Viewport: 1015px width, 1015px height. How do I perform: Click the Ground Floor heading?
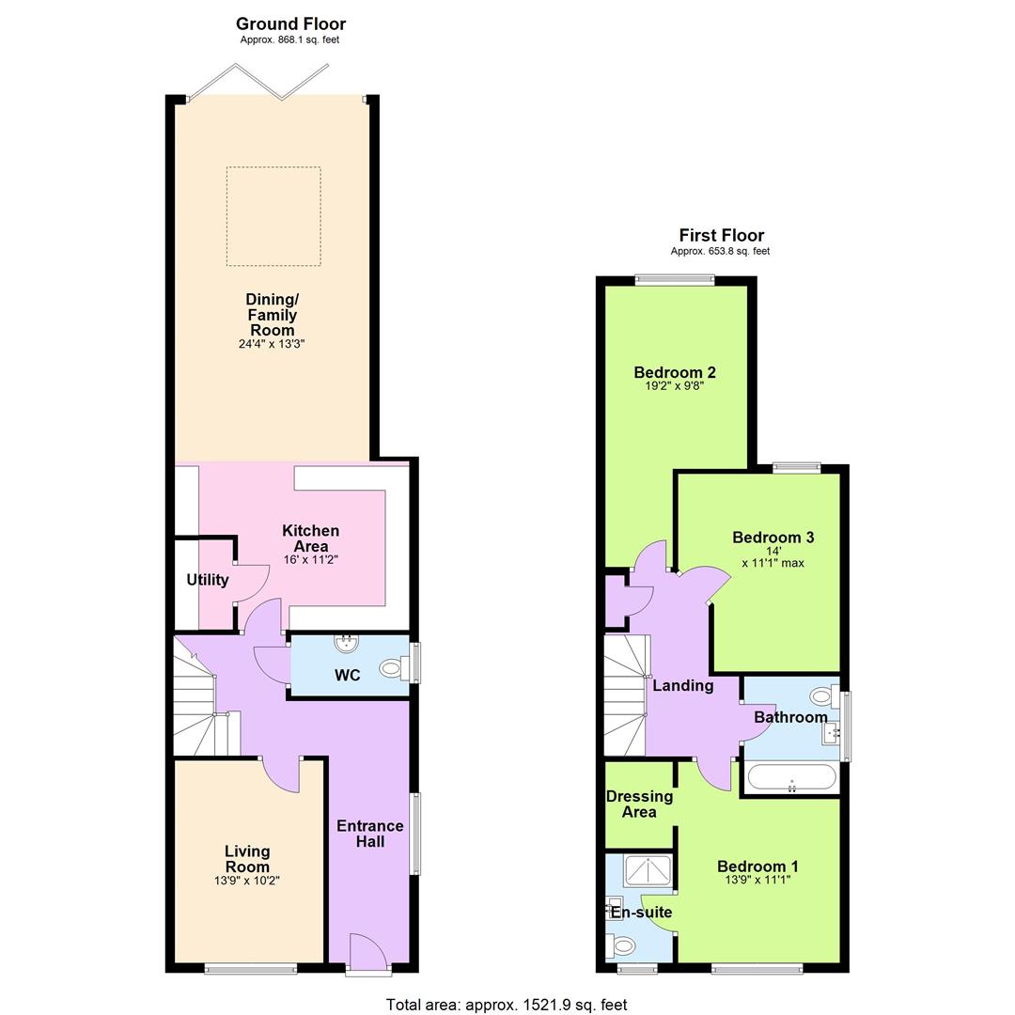point(290,24)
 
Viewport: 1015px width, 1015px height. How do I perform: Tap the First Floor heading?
point(721,236)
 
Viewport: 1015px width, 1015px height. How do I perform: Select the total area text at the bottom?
point(507,1005)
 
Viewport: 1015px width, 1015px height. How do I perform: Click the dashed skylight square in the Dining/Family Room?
point(273,216)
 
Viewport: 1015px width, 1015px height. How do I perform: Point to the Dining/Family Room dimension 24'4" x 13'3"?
point(272,345)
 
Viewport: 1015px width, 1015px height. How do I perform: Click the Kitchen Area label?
point(310,539)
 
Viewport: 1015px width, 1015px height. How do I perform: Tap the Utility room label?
point(207,580)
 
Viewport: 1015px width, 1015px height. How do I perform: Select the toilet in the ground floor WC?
point(393,669)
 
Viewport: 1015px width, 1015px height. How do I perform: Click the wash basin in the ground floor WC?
point(349,644)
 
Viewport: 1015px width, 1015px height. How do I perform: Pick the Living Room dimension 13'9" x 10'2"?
point(247,882)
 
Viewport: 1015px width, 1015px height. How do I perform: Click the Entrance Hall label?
point(370,834)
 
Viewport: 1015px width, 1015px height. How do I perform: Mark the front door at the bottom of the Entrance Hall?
point(367,953)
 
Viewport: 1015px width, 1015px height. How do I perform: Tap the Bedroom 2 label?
point(674,371)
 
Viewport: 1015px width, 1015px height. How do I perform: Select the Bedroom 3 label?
point(773,538)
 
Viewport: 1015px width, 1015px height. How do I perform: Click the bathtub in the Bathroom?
point(790,779)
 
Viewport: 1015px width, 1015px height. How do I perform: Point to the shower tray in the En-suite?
point(648,871)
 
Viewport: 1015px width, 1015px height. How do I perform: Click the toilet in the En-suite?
point(622,945)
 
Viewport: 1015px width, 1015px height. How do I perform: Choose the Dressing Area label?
point(639,804)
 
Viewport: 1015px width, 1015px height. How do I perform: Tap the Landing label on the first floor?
point(682,686)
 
